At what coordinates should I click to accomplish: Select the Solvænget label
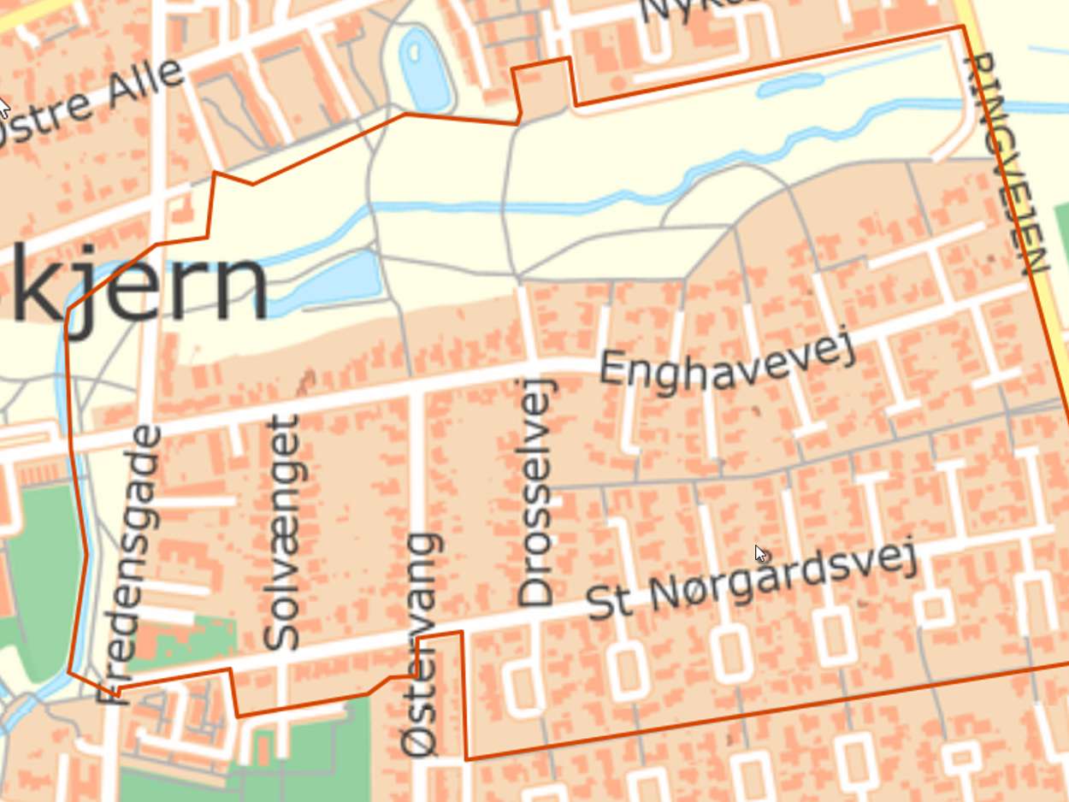(x=282, y=532)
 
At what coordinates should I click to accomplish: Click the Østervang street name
(x=422, y=645)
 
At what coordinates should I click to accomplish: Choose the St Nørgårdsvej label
(x=753, y=580)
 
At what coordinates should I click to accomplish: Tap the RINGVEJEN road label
(x=1004, y=162)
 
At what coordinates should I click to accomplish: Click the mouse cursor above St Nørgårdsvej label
(x=760, y=554)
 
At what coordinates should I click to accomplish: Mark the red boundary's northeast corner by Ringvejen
(x=963, y=27)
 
